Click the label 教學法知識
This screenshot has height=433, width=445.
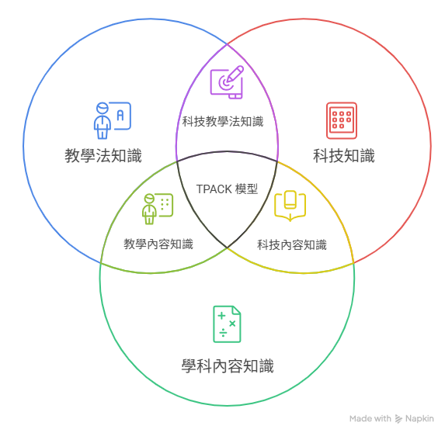click(103, 156)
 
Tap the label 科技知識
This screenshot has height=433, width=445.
click(344, 156)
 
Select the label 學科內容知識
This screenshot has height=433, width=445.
click(228, 365)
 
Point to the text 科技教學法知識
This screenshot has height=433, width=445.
click(223, 121)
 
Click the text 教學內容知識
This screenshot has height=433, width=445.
click(158, 244)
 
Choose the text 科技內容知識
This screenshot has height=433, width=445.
click(292, 244)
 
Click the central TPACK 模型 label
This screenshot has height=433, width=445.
click(227, 189)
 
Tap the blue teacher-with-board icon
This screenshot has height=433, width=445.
click(113, 120)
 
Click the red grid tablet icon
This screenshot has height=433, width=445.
click(342, 120)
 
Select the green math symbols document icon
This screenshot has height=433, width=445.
click(227, 324)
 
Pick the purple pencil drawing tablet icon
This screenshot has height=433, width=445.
click(227, 82)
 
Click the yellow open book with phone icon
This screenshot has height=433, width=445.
click(290, 206)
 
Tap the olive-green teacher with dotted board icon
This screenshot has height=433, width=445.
click(158, 209)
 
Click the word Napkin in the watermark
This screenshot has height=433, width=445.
click(419, 418)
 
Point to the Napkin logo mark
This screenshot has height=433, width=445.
click(398, 419)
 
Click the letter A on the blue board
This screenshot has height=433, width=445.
click(120, 116)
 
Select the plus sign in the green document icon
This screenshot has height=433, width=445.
click(221, 316)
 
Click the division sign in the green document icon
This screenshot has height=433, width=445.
click(223, 333)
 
